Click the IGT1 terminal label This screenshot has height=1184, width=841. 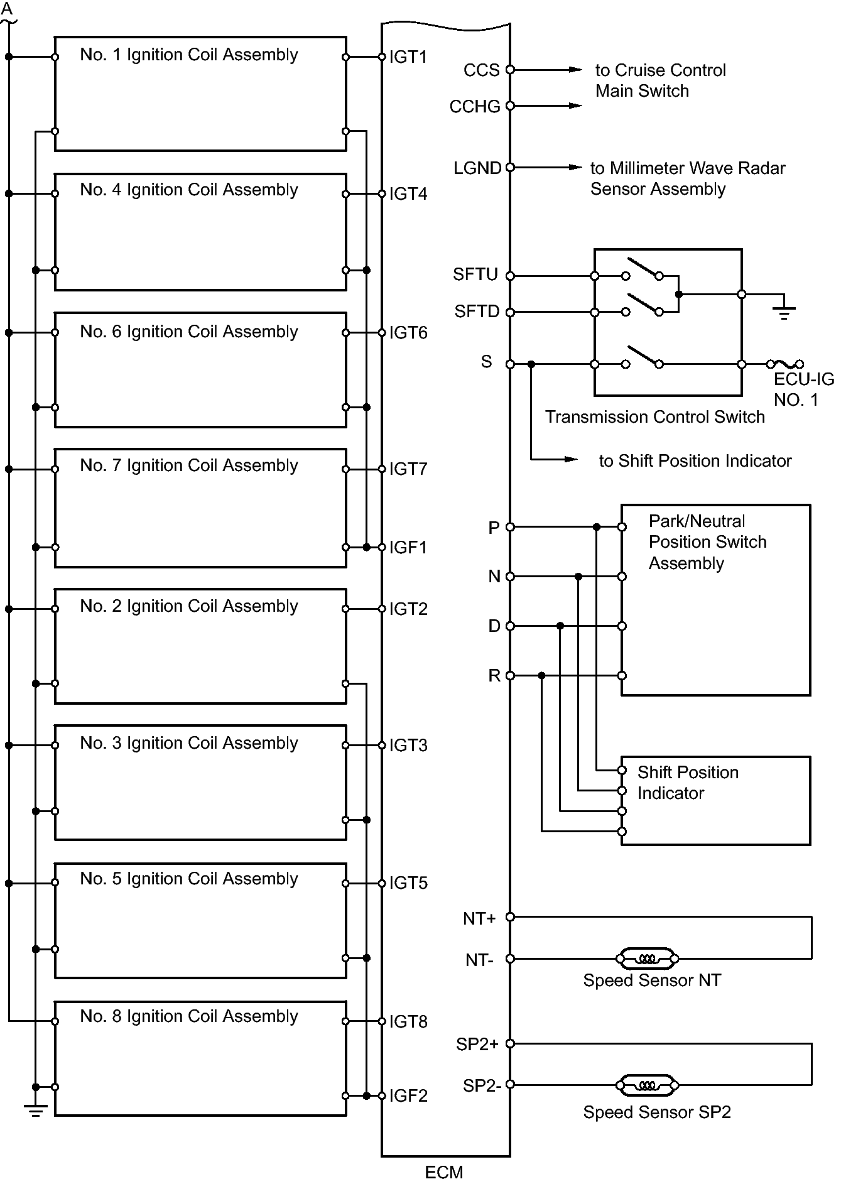pos(408,57)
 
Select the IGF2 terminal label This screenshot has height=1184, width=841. pos(408,1095)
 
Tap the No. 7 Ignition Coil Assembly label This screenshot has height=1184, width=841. pos(188,465)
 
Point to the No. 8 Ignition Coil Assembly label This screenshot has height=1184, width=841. pos(188,1016)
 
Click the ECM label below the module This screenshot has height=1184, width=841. pos(443,1172)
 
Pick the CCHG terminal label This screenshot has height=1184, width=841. pos(474,107)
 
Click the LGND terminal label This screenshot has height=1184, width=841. pos(477,168)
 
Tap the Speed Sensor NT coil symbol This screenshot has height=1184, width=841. pos(647,959)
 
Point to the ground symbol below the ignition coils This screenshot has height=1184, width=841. pos(35,1111)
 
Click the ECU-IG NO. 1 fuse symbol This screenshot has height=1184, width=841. pos(784,364)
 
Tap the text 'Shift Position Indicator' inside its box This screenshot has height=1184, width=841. pos(687,783)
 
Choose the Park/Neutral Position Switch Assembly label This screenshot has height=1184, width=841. pos(707,542)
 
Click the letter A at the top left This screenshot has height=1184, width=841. pos(8,9)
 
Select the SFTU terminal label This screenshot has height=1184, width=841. pos(475,274)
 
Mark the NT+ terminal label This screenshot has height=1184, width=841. pos(479,918)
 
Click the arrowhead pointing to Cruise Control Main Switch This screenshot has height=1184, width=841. pos(575,70)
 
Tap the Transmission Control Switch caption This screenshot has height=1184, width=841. pos(654,417)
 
